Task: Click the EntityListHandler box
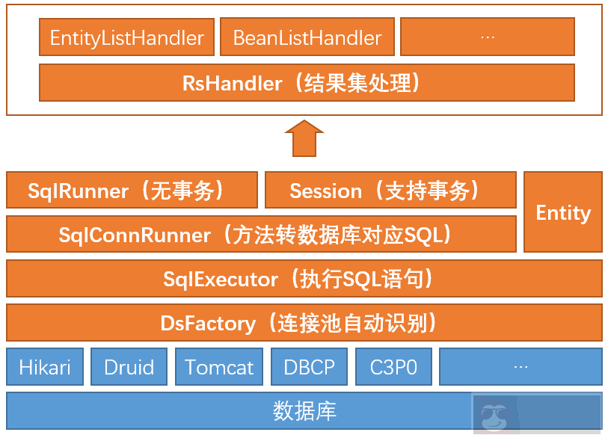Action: pyautogui.click(x=126, y=37)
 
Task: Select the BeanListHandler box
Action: pyautogui.click(x=307, y=37)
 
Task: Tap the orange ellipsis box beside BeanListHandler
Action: pyautogui.click(x=488, y=37)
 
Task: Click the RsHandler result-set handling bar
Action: pyautogui.click(x=307, y=82)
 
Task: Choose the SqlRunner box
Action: pyautogui.click(x=132, y=191)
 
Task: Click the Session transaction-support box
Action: pyautogui.click(x=390, y=191)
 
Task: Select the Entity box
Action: pyautogui.click(x=563, y=212)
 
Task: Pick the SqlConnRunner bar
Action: pyautogui.click(x=261, y=235)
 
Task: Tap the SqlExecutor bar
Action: pyautogui.click(x=304, y=279)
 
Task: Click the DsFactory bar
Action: pyautogui.click(x=304, y=323)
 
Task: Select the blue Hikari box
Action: pyautogui.click(x=45, y=366)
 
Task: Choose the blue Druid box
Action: pyautogui.click(x=129, y=366)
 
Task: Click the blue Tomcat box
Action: pyautogui.click(x=219, y=366)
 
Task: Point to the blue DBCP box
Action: pyautogui.click(x=309, y=366)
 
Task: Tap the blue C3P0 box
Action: pyautogui.click(x=393, y=366)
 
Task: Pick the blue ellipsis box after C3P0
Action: pyautogui.click(x=521, y=366)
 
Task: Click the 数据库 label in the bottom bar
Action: pyautogui.click(x=304, y=410)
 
